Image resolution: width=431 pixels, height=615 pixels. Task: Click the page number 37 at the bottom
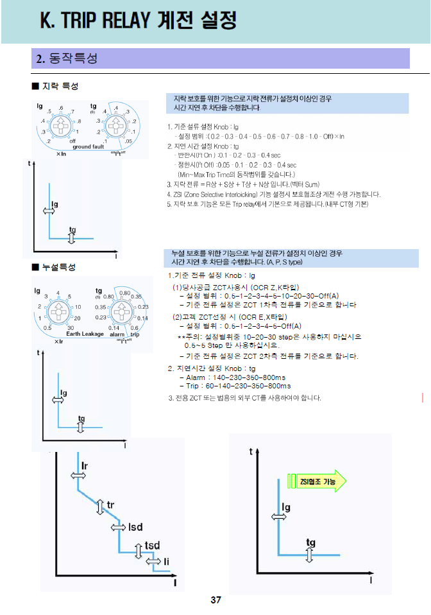[x=216, y=600]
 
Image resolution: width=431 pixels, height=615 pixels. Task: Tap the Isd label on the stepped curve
[x=135, y=526]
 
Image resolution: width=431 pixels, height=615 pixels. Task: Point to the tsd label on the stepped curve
[x=152, y=545]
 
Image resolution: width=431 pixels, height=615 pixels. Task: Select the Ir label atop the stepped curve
[x=85, y=463]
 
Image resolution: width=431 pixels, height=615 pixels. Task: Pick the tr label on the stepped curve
[x=111, y=505]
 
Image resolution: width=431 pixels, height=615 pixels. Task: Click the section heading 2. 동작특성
[x=67, y=58]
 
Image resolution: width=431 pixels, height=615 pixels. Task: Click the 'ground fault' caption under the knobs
[x=89, y=147]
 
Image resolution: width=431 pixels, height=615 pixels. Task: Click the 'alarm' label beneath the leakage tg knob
[x=117, y=334]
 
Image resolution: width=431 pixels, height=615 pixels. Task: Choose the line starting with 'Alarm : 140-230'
[x=231, y=377]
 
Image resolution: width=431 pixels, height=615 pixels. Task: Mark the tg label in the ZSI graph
[x=310, y=542]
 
